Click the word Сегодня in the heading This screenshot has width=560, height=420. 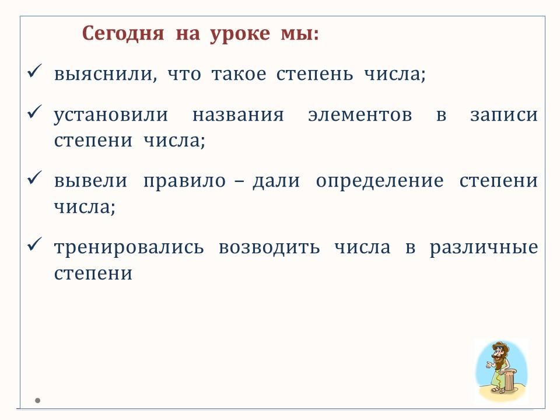(123, 34)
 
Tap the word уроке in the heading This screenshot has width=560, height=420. (240, 34)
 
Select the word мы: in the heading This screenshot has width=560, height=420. (299, 34)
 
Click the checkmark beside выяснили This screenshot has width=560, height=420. (34, 71)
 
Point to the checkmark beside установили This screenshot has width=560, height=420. (34, 112)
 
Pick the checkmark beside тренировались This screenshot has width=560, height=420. (34, 244)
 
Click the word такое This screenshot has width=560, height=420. (239, 74)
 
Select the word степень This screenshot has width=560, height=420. (314, 74)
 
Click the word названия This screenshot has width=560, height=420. (238, 116)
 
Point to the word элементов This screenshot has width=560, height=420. (360, 116)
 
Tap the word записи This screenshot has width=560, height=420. (504, 116)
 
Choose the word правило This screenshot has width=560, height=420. (184, 181)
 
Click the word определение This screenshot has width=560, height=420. (380, 181)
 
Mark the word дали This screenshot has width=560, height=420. (276, 181)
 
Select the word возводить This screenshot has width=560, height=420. (269, 248)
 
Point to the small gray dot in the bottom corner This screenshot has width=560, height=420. (37, 400)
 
